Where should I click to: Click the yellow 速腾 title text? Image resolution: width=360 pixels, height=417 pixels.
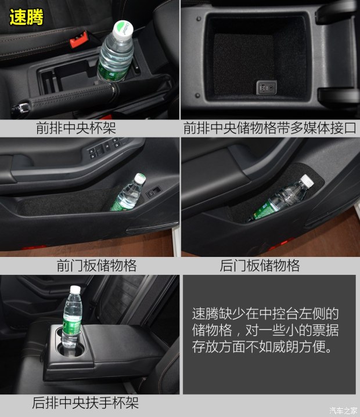click(26, 17)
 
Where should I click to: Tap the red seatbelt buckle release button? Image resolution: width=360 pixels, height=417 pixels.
click(78, 39)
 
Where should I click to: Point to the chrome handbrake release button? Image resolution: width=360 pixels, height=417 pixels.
click(20, 109)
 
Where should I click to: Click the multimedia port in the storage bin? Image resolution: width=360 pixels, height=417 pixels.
click(267, 87)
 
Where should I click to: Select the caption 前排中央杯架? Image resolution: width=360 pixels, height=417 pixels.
click(76, 128)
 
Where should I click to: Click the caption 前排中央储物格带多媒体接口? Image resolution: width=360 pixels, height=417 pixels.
click(269, 128)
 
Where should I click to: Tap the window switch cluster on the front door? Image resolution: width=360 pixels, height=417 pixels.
click(105, 148)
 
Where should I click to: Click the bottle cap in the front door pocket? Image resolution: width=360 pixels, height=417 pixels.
click(139, 178)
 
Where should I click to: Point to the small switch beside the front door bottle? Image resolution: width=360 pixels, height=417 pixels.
click(154, 191)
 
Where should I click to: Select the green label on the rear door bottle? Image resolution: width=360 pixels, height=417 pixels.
click(263, 212)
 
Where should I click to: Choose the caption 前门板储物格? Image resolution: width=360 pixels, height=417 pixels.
click(96, 266)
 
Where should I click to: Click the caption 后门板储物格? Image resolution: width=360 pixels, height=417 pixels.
click(260, 266)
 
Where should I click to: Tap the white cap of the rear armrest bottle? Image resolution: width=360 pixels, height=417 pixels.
click(75, 290)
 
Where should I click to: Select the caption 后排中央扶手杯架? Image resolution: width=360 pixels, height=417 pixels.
click(85, 403)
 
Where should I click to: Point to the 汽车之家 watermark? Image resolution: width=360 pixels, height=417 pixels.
click(343, 411)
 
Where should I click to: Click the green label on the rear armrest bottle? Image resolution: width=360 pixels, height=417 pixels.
click(71, 325)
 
